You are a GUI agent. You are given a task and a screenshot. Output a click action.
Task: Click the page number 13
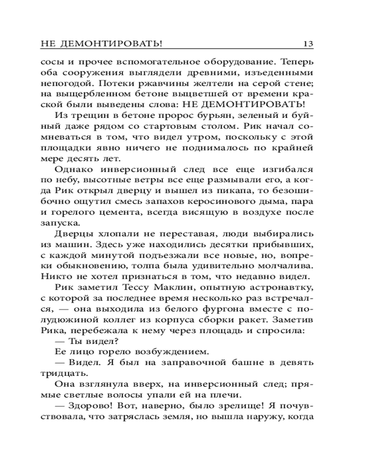click(x=308, y=44)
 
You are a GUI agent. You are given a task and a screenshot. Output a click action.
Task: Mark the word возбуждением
click(x=165, y=352)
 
